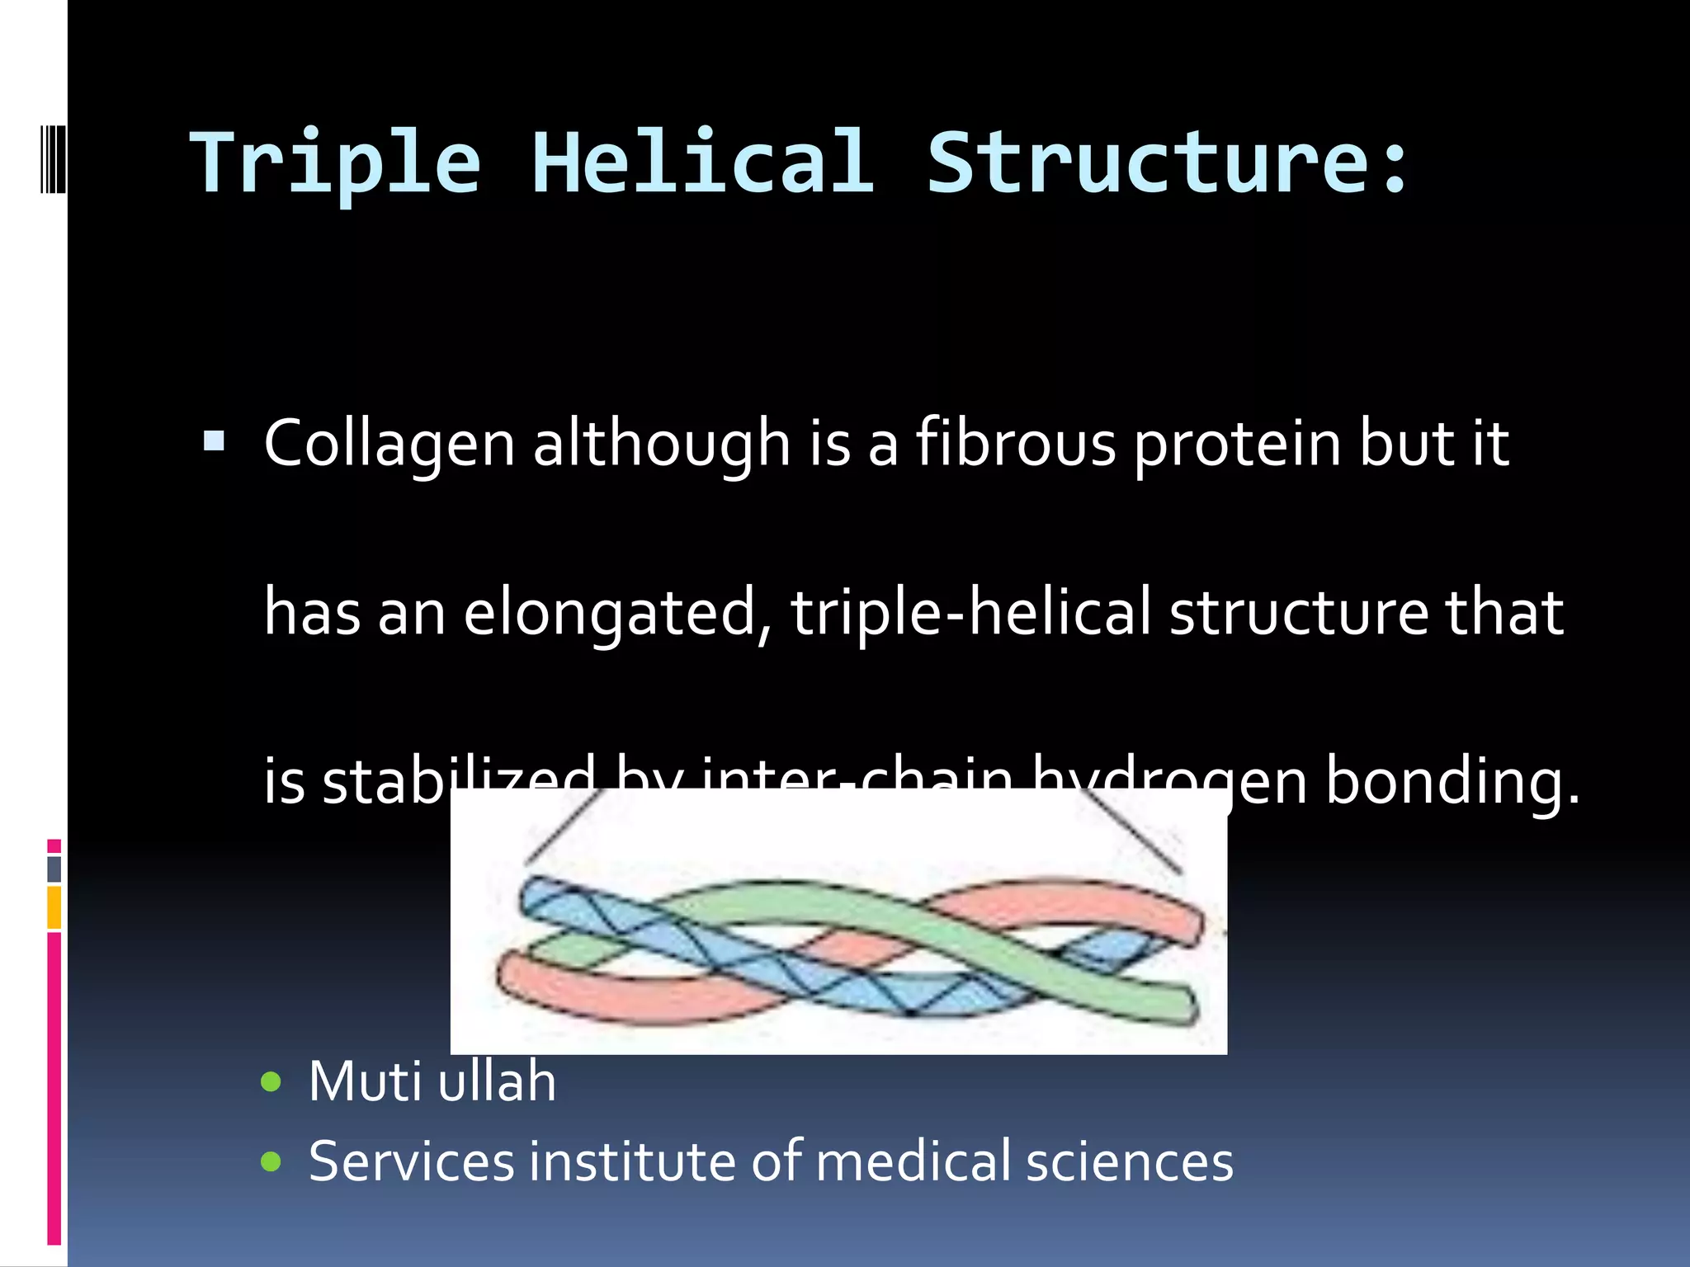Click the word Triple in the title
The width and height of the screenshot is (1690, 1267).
[334, 163]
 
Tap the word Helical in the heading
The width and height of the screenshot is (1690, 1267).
[702, 163]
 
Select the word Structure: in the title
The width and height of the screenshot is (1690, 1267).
[1168, 163]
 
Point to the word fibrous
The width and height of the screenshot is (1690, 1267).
[1016, 444]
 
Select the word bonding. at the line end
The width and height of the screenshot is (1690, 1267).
[1452, 781]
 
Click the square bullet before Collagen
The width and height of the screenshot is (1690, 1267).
[215, 442]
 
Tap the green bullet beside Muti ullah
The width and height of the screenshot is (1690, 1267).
[271, 1081]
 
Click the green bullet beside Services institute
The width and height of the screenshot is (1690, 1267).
[271, 1162]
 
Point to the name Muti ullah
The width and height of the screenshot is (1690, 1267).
[432, 1081]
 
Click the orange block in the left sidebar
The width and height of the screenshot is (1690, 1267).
[54, 907]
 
